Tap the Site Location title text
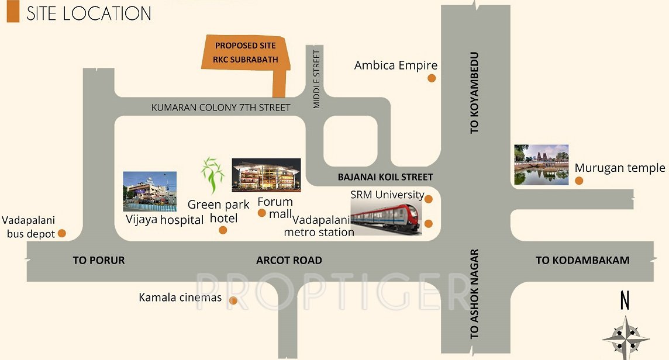[x=88, y=13]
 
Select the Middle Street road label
[x=317, y=79]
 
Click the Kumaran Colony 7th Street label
[x=220, y=108]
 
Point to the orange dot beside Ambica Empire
[x=432, y=78]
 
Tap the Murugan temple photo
[x=541, y=165]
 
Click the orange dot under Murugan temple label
[x=579, y=181]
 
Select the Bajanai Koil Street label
[x=385, y=176]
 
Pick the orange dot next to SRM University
[x=429, y=199]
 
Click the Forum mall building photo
[x=266, y=175]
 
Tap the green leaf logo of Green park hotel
[x=212, y=176]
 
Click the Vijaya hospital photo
[x=150, y=191]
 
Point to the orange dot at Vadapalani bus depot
[x=62, y=234]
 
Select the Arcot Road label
[x=289, y=261]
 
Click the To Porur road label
[x=99, y=261]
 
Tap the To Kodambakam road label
[x=582, y=261]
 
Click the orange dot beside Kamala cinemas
[x=233, y=301]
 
